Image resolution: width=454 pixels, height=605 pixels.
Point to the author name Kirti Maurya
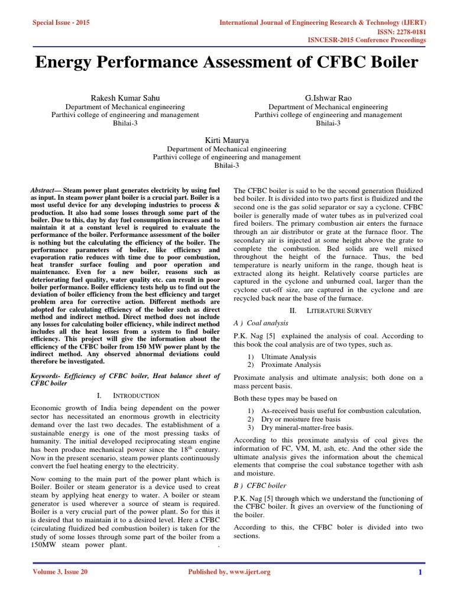(226, 139)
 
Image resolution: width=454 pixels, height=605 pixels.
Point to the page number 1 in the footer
(420, 572)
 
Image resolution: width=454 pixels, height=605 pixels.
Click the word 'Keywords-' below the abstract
(45, 376)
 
